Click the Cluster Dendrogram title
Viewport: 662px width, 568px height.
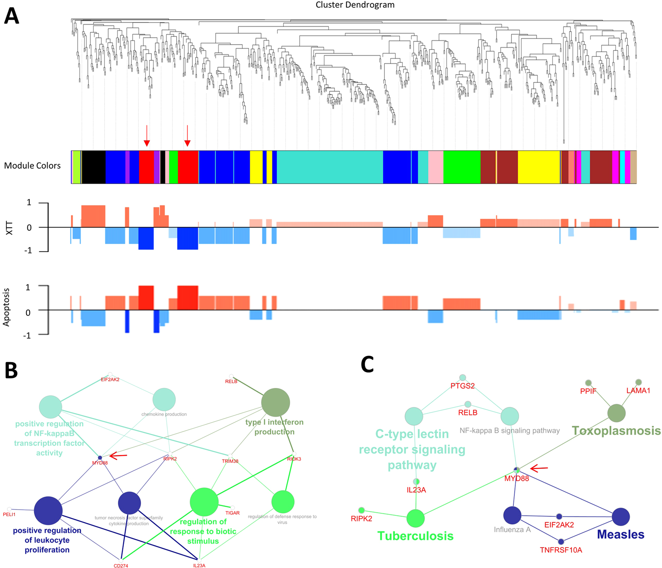(355, 5)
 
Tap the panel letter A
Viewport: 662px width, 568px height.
(11, 17)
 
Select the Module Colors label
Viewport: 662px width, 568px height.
(32, 166)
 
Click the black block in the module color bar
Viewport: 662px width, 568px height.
(93, 167)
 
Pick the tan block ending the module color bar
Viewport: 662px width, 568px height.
(633, 167)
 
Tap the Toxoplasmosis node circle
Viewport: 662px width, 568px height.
(616, 413)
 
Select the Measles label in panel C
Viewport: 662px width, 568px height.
(621, 535)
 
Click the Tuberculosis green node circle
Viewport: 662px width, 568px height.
(415, 518)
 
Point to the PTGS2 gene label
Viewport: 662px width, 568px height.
(462, 386)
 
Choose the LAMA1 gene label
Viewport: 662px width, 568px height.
(638, 390)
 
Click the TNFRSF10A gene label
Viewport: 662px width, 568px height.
(561, 550)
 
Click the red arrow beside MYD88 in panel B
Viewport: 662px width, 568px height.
(119, 456)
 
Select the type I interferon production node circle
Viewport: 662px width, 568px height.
(275, 402)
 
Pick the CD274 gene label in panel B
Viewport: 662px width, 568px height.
(121, 566)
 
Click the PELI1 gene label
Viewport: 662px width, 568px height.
(9, 514)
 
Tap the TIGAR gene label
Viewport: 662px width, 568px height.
(232, 513)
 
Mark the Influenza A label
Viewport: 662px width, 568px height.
(512, 530)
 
